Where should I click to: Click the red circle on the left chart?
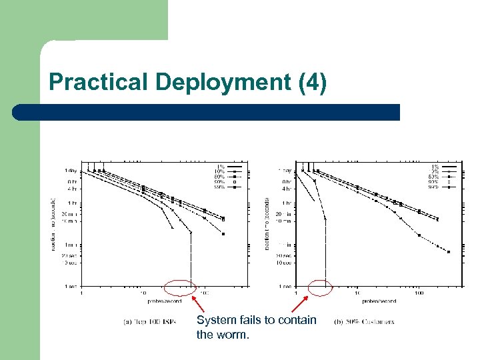179,287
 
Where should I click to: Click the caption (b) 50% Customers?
364,321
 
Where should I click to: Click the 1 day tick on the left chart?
69,171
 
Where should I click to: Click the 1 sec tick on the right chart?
285,286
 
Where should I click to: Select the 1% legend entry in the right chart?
435,166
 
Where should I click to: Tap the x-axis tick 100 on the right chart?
419,293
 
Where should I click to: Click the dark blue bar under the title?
206,112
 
